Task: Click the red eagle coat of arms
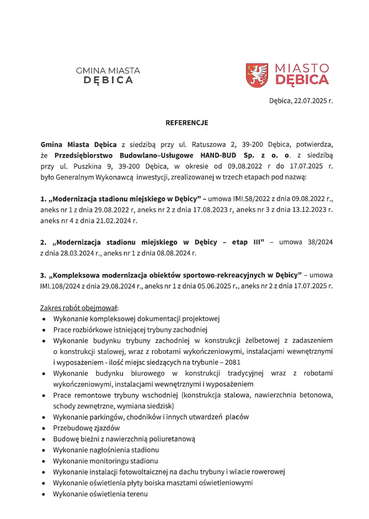coord(257,74)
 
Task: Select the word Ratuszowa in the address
coord(211,144)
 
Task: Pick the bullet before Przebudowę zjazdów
coord(44,428)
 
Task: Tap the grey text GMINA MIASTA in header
coord(108,70)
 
